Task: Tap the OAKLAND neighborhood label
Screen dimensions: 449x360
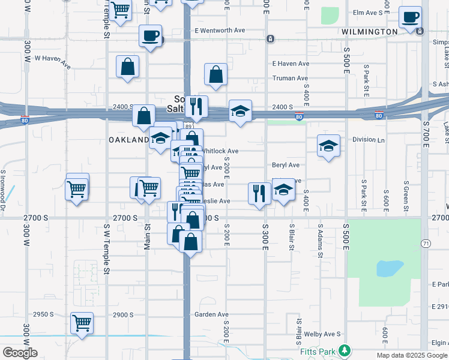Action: pos(128,140)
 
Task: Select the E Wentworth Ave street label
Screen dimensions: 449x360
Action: pos(220,30)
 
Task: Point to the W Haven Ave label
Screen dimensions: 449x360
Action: pos(53,60)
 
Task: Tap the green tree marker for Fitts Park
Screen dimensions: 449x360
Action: pos(344,349)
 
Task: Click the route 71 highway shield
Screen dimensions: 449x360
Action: pos(426,243)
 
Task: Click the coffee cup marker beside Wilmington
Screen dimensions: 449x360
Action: pos(411,17)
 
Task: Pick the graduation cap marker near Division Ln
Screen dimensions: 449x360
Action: pos(328,145)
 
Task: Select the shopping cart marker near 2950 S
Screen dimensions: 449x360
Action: pos(82,323)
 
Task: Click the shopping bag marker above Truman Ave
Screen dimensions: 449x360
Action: pos(215,74)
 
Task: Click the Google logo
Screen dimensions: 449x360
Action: pos(20,353)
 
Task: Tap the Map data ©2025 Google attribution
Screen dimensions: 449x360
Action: pos(411,355)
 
